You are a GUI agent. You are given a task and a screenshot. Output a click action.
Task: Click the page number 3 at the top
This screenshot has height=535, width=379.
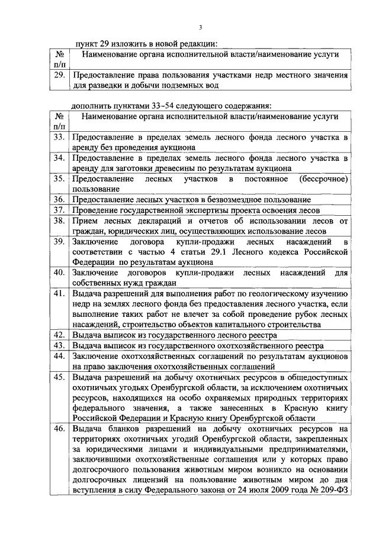click(201, 27)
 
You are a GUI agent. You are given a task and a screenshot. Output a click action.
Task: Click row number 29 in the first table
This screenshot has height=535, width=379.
click(59, 76)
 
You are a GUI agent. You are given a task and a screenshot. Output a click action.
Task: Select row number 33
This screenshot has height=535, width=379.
click(59, 137)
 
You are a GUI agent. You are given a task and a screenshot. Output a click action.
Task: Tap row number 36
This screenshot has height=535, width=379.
click(59, 199)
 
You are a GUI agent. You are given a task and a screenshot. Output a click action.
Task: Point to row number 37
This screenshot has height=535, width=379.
click(59, 209)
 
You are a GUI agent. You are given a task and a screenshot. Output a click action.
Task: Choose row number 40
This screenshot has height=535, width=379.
click(59, 273)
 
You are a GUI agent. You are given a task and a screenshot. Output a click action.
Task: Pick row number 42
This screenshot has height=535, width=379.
click(59, 335)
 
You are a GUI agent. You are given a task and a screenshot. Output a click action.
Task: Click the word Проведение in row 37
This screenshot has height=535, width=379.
click(97, 209)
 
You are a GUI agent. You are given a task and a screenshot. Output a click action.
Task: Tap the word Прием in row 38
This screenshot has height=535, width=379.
click(85, 221)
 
